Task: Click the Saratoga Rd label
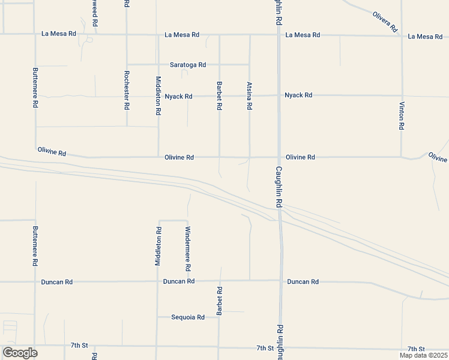(188, 65)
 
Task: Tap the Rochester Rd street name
(127, 90)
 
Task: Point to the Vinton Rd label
(402, 116)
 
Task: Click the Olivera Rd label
(385, 22)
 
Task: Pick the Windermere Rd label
(188, 248)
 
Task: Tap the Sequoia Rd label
(188, 317)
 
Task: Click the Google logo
(20, 353)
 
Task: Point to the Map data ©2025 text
(424, 355)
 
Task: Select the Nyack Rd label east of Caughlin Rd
(298, 95)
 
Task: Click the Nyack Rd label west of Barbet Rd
(178, 96)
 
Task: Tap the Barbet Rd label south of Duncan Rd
(220, 301)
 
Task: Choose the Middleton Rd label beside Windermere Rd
(158, 246)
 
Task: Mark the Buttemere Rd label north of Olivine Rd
(35, 87)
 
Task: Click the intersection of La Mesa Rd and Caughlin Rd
(279, 35)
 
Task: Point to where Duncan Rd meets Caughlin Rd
(280, 280)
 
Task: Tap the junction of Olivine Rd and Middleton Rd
(158, 157)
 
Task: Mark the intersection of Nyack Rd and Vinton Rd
(402, 95)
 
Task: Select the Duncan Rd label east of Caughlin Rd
(303, 281)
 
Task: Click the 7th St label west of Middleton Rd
(79, 346)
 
